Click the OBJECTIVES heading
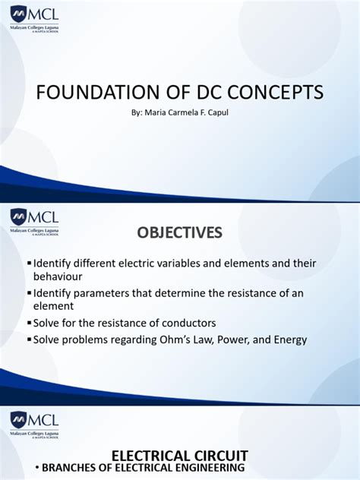(179, 232)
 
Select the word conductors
(190, 323)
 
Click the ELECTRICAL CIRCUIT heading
(179, 456)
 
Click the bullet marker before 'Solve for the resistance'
(29, 323)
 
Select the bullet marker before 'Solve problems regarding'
(29, 339)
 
